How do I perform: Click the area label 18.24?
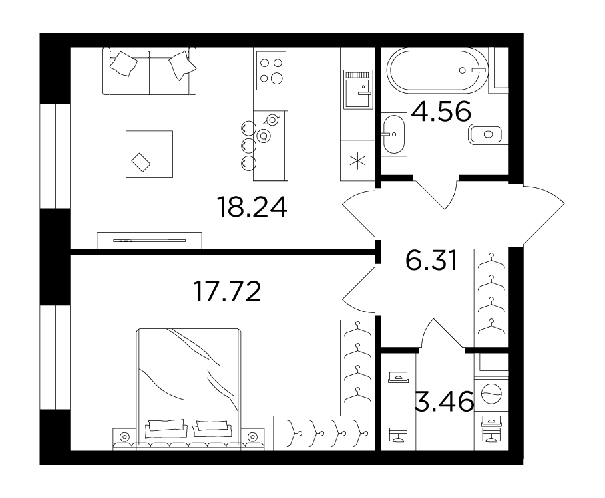tap(252, 207)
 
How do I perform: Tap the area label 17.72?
tap(227, 291)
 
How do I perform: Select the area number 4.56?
tap(441, 111)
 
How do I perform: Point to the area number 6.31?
tap(431, 260)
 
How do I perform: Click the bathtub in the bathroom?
tap(437, 70)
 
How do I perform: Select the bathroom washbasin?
tap(394, 134)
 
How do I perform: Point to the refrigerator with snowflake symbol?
tap(357, 160)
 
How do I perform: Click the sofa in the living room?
tap(149, 71)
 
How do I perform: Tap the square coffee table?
tap(149, 154)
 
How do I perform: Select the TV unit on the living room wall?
tap(149, 241)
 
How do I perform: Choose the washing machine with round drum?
tap(492, 394)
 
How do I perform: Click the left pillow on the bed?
tap(166, 428)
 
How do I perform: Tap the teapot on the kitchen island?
tap(272, 120)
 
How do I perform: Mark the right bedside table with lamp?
tap(252, 439)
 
